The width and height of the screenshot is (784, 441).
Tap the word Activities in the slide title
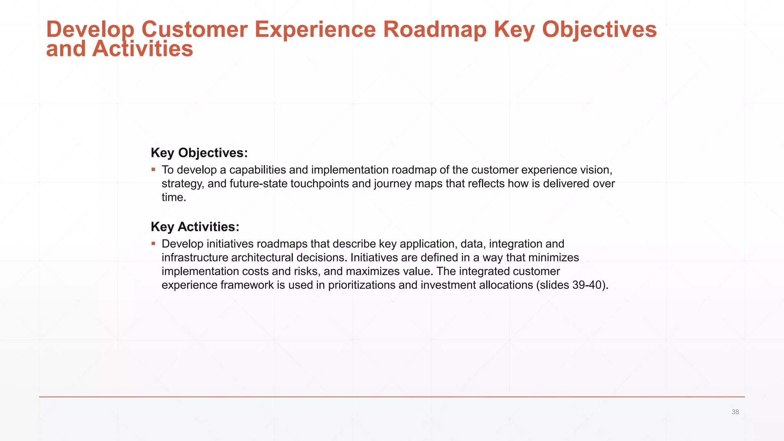(x=142, y=49)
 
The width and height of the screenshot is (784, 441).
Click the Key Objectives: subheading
(x=199, y=153)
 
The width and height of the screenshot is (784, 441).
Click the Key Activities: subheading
(x=195, y=227)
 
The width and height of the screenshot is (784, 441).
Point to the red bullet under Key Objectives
(x=153, y=169)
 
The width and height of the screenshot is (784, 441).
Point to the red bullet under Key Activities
(x=153, y=243)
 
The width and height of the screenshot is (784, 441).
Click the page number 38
(x=735, y=412)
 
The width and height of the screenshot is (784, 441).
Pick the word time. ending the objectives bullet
(x=174, y=198)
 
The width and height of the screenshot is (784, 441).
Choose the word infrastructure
(x=195, y=258)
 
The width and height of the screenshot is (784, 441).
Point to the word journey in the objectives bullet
(x=393, y=184)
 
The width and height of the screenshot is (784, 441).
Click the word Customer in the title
(x=194, y=29)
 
